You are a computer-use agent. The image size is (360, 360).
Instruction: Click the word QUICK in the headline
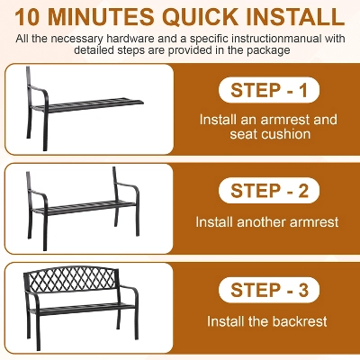tap(202, 16)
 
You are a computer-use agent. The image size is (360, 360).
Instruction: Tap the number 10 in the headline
tap(27, 17)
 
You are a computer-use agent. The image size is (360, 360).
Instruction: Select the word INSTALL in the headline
tap(295, 16)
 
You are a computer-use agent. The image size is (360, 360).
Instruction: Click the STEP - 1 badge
tap(269, 90)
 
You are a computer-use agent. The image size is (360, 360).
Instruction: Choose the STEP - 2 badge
tap(269, 191)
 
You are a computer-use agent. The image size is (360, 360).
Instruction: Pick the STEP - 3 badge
tap(269, 290)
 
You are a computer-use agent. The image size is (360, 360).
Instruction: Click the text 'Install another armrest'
tap(267, 222)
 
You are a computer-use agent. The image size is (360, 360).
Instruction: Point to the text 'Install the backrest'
tap(267, 321)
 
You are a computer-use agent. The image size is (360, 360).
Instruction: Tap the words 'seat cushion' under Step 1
tap(270, 134)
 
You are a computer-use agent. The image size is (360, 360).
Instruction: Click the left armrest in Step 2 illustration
tap(38, 194)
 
